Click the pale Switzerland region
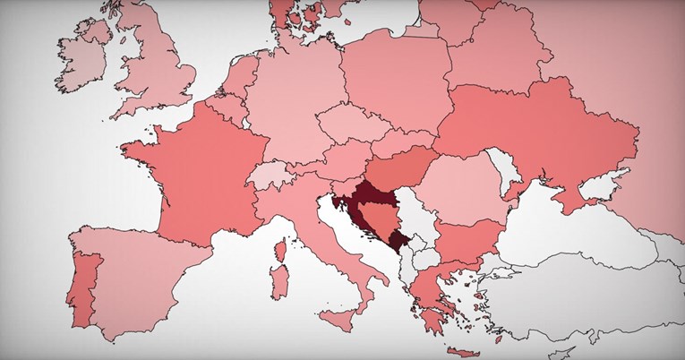[x=268, y=174]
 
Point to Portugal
[x=85, y=286]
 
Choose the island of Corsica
[x=280, y=247]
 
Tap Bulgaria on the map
[x=466, y=236]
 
